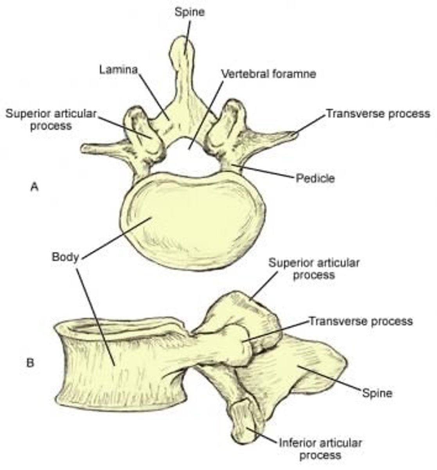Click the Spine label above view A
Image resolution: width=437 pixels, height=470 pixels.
tap(189, 12)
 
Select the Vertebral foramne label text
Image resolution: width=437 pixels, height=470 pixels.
tap(268, 74)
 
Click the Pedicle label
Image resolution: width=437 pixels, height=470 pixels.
tap(315, 178)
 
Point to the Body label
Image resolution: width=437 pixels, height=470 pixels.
tap(65, 258)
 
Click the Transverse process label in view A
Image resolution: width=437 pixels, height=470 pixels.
tap(378, 114)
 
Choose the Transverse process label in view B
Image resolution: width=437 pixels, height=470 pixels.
tap(361, 321)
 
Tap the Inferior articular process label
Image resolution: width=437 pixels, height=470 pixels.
tap(320, 449)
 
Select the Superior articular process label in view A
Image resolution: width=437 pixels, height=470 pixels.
tap(51, 119)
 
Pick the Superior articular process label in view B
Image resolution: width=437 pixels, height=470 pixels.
tap(314, 268)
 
